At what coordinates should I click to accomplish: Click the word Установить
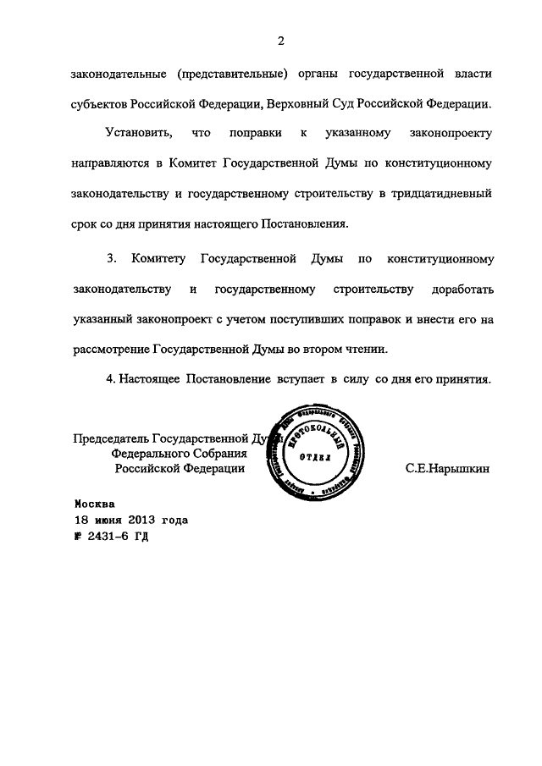click(x=136, y=134)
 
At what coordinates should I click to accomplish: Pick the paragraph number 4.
click(x=110, y=379)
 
